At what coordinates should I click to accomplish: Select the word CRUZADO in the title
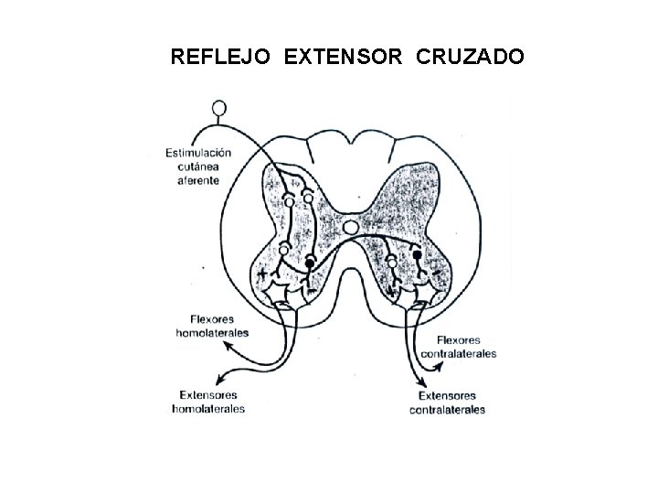(x=471, y=59)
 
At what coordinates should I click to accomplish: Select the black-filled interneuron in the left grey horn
(x=311, y=263)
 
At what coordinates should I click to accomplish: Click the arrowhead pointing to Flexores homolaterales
(x=252, y=330)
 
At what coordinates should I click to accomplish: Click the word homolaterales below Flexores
(x=211, y=334)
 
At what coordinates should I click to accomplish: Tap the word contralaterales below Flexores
(x=459, y=353)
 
